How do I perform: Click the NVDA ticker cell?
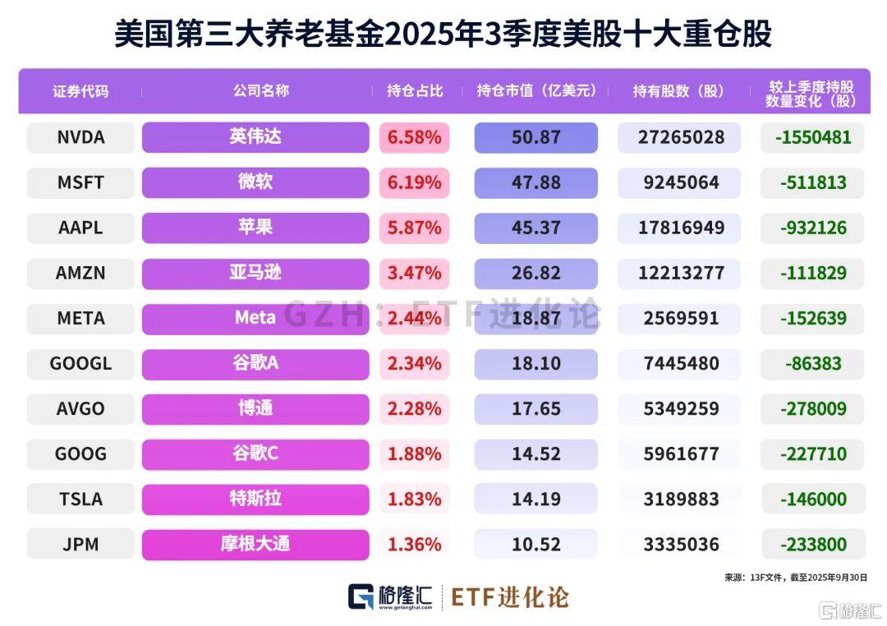point(80,137)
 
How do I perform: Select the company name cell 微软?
point(255,182)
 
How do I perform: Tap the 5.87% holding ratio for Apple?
point(415,228)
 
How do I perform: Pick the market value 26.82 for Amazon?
point(535,273)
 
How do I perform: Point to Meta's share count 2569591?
point(678,318)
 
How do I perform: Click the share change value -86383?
point(812,363)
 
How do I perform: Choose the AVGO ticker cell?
point(80,408)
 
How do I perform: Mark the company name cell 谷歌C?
point(255,453)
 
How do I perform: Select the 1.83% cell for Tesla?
point(415,499)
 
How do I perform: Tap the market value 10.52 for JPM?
point(535,544)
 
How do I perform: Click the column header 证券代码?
point(80,90)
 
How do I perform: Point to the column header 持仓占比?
point(415,90)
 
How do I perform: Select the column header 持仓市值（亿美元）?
point(536,90)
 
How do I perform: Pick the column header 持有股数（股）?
point(678,90)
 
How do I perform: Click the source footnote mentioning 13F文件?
point(795,578)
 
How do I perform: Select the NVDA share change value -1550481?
point(812,137)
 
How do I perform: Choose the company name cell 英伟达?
point(255,137)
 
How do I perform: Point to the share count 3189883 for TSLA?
point(678,499)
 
